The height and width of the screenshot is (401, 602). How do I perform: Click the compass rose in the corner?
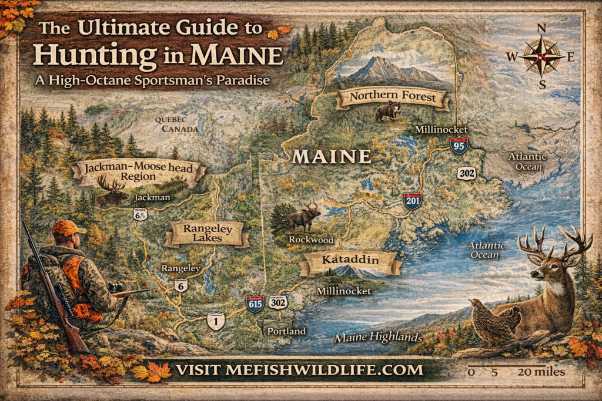coord(541,56)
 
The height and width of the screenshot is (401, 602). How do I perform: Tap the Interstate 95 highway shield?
coord(459,145)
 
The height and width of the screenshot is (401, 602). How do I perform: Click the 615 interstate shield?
coord(255,304)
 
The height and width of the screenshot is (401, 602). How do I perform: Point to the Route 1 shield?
coord(216,321)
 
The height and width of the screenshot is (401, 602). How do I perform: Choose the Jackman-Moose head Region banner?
coord(139,171)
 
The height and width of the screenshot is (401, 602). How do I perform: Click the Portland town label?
coord(286,331)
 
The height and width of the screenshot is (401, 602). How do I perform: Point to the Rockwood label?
coord(311,240)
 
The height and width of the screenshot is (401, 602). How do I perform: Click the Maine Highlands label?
coord(379,338)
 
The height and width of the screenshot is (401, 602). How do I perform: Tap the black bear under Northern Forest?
coord(387,110)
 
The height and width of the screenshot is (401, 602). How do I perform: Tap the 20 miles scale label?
coord(541,372)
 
